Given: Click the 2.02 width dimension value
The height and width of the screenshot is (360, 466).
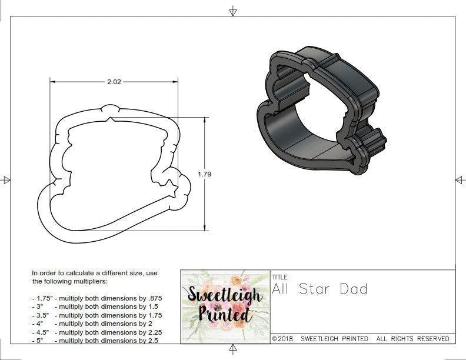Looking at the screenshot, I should [114, 82].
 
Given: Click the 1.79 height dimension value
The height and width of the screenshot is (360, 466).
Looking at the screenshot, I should [205, 174].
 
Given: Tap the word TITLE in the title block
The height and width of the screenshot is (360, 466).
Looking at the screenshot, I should [279, 277].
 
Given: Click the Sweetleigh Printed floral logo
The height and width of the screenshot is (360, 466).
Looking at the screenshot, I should [225, 306].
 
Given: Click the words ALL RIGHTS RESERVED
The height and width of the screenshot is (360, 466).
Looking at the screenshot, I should [412, 339].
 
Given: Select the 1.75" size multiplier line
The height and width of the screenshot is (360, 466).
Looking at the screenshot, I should [96, 298].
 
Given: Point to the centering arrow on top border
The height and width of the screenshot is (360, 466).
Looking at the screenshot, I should [233, 11].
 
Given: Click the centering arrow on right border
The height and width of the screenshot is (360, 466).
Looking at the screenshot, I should [460, 179].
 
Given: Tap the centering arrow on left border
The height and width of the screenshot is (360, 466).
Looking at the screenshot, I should [6, 180].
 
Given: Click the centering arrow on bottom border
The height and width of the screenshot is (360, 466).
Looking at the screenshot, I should [233, 350].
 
